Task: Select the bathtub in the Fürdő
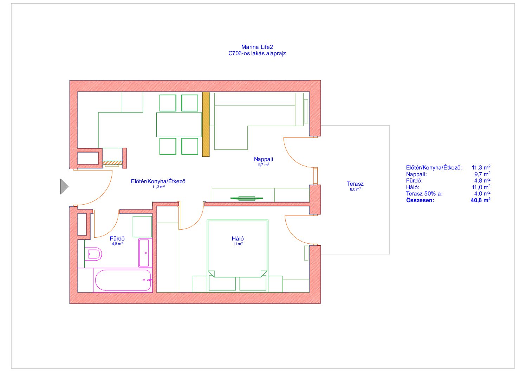coord(123,280)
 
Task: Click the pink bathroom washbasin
coord(145,253)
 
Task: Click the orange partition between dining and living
coord(206,124)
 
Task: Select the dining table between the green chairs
coord(179,125)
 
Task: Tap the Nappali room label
coord(264,159)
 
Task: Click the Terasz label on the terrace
coord(355,184)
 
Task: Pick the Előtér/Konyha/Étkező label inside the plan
coord(158,181)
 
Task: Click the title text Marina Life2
coord(257,47)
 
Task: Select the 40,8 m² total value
coord(480,200)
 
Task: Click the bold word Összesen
coord(420,200)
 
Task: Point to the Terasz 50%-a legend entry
coord(424,194)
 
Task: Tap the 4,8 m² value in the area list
coord(482,180)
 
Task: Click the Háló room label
coord(238,238)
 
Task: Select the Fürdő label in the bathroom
coord(117,238)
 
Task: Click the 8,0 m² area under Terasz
coord(355,189)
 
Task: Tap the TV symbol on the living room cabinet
coord(247,198)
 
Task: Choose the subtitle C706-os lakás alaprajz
coord(257,53)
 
